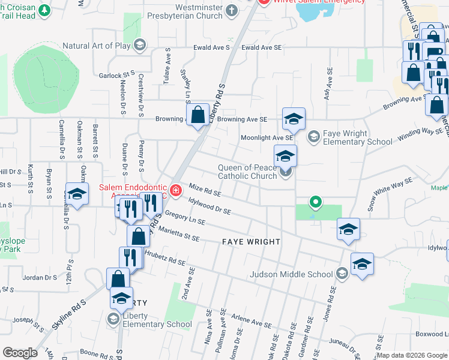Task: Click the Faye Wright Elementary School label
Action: click(357, 137)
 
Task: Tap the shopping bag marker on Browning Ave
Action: click(197, 116)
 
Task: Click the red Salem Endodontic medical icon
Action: click(175, 191)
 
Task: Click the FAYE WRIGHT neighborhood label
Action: click(251, 242)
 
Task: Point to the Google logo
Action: click(20, 353)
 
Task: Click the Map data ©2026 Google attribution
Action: click(412, 355)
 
